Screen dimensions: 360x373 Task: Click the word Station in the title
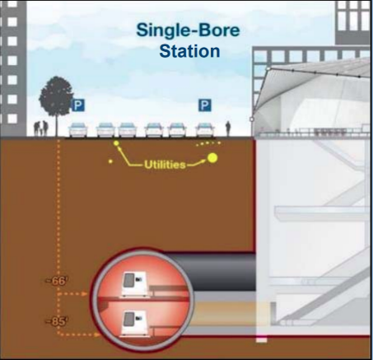click(189, 51)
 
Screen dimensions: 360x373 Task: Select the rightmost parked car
click(205, 130)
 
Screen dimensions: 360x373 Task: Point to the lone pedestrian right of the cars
click(228, 128)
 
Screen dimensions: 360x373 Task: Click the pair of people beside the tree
click(40, 128)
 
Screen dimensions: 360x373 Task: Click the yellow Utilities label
click(165, 165)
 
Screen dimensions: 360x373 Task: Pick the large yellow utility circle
click(213, 158)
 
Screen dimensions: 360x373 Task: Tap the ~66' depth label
click(58, 282)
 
